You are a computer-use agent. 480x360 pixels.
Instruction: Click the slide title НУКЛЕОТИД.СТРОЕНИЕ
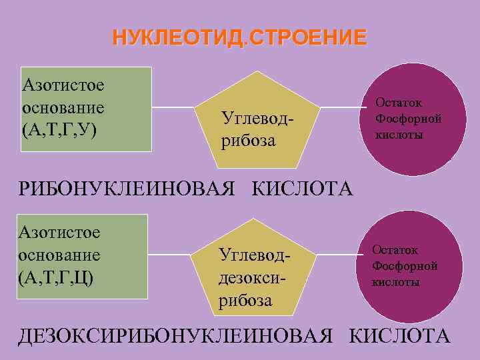239,36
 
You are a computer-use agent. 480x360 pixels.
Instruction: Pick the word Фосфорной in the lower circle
405,266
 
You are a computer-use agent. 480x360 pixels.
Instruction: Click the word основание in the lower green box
59,254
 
